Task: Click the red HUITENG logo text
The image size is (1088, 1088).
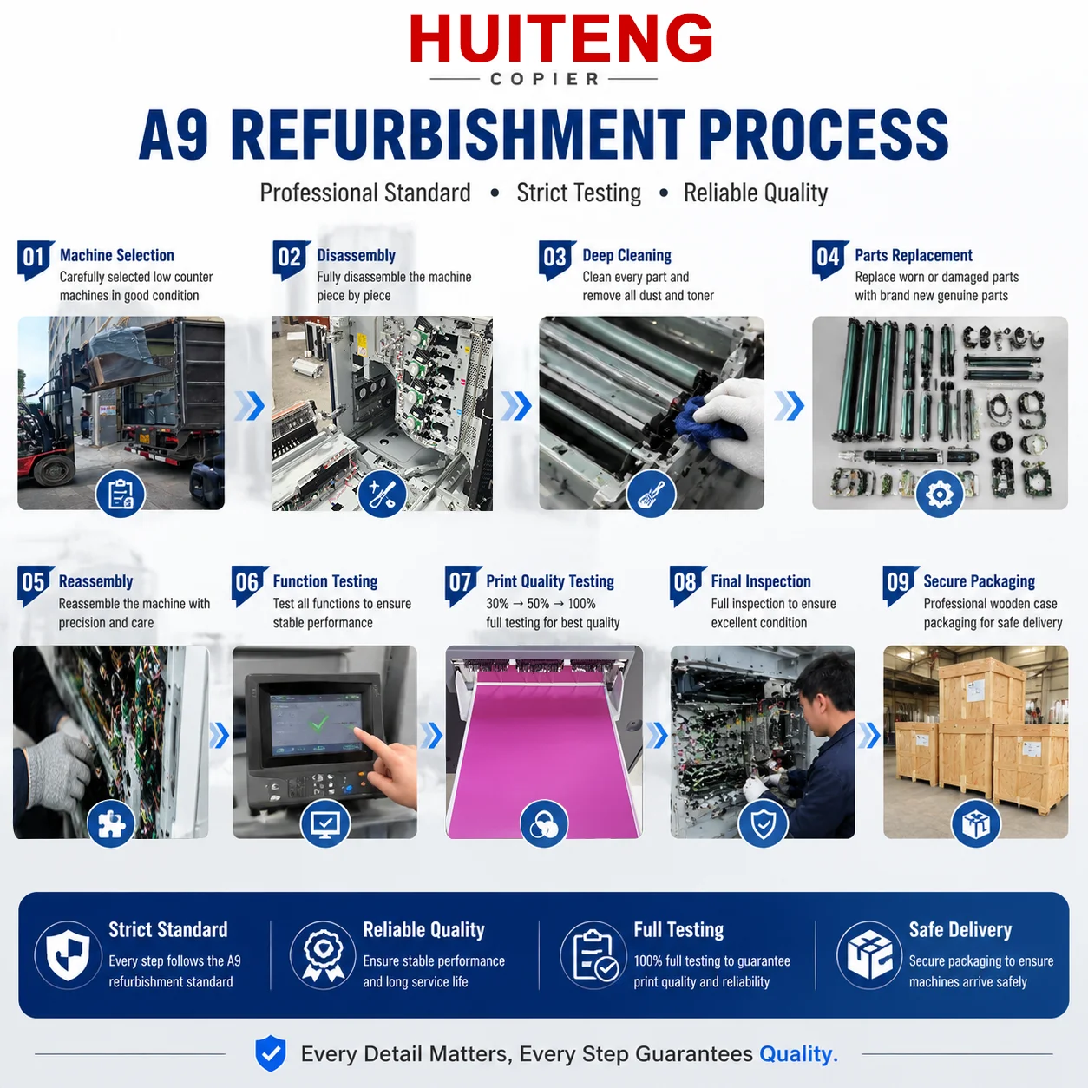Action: (x=560, y=38)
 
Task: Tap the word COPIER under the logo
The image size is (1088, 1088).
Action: (x=544, y=79)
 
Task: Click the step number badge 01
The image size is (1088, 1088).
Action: (x=35, y=259)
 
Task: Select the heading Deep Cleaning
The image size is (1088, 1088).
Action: (x=626, y=255)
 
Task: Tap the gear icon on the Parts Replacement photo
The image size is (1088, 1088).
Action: (x=939, y=494)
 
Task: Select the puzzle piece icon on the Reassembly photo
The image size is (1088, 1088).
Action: (x=111, y=823)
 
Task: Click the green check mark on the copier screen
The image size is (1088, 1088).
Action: (x=319, y=722)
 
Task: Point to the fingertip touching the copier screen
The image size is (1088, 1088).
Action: (x=357, y=731)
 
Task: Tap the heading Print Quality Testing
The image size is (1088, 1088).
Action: (x=550, y=581)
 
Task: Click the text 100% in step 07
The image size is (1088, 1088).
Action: (x=581, y=604)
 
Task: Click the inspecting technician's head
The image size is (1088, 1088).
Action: (x=818, y=686)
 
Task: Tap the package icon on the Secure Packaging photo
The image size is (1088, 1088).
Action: (x=976, y=823)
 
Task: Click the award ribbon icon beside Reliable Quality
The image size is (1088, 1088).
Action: (x=323, y=954)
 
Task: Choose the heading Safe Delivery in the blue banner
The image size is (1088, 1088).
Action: (x=960, y=930)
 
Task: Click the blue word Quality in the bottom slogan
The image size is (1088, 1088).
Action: (x=798, y=1053)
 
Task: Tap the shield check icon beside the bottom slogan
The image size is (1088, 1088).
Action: (x=271, y=1053)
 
